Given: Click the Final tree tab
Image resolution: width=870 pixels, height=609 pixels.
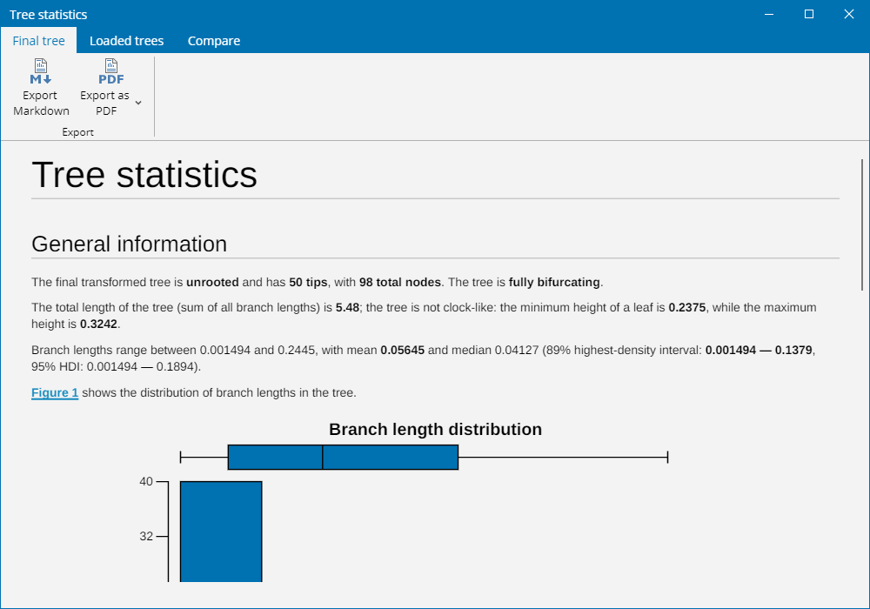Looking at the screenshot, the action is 38,41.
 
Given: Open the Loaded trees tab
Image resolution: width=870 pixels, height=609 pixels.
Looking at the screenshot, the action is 126,41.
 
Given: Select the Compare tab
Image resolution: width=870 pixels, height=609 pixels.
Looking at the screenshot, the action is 214,41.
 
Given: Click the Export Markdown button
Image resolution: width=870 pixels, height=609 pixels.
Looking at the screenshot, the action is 41,88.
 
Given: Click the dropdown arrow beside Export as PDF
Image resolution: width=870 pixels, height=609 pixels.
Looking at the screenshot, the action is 138,103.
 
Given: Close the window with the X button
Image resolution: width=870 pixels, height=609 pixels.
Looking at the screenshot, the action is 849,14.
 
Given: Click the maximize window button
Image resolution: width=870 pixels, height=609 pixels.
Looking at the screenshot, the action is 809,14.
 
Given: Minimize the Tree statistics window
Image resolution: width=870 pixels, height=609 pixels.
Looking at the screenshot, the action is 769,14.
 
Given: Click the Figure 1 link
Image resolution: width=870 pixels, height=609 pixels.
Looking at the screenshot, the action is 55,392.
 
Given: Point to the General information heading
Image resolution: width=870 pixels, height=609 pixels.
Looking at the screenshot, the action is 130,244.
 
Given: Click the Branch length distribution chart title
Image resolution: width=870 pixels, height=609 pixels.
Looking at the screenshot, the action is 436,429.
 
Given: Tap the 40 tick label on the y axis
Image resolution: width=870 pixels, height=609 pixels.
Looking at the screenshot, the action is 146,481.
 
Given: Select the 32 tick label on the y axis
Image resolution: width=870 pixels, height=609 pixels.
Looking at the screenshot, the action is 146,536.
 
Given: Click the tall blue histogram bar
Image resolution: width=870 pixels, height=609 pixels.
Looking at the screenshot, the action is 221,532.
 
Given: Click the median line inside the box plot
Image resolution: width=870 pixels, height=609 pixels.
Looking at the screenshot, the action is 323,457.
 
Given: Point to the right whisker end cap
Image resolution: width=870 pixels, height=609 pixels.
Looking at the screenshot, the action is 667,457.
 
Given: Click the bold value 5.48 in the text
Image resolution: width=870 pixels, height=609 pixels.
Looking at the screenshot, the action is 347,307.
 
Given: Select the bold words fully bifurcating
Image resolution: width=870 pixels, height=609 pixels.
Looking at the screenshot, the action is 554,282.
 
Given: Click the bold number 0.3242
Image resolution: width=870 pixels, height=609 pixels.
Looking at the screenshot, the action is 99,324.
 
